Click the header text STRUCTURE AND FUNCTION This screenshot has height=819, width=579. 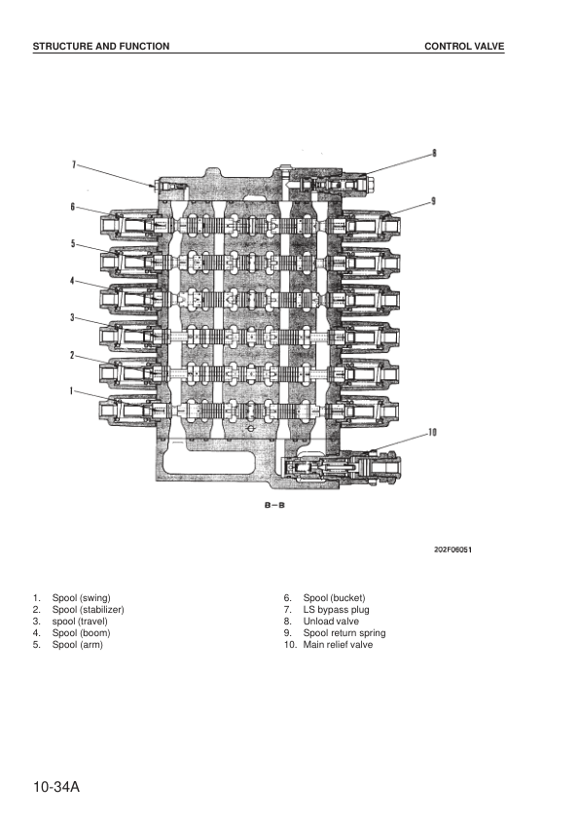click(x=101, y=46)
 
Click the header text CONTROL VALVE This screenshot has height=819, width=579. click(x=464, y=46)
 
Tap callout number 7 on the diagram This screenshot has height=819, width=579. click(x=74, y=165)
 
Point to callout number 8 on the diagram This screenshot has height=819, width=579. click(x=434, y=153)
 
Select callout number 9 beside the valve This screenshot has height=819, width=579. click(x=433, y=200)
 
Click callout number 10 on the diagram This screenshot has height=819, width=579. click(x=432, y=432)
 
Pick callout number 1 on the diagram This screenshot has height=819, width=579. click(x=73, y=390)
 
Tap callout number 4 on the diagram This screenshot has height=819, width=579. click(x=73, y=280)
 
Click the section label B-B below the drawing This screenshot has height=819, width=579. click(x=274, y=505)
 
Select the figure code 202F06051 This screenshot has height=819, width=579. click(x=453, y=550)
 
